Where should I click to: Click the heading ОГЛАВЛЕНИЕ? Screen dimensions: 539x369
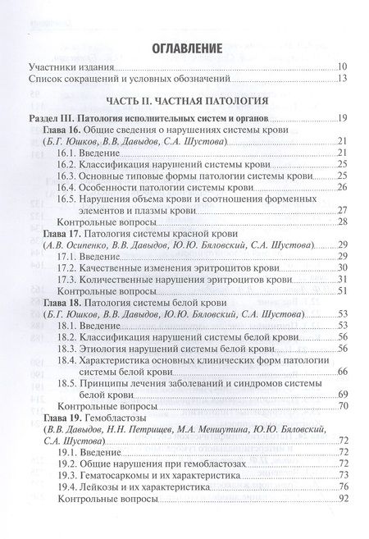184,47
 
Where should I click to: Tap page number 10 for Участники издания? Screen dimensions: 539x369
341,67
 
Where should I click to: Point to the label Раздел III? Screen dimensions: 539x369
48,120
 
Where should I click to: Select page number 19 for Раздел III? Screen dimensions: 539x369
342,120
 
